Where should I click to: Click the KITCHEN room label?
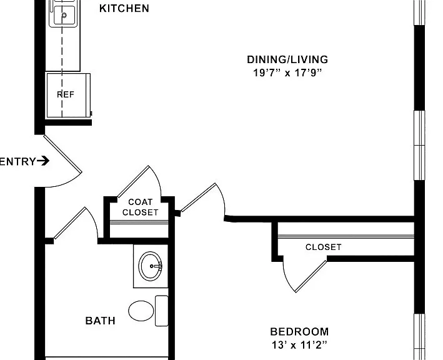click(124, 9)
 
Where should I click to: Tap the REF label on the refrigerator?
click(66, 94)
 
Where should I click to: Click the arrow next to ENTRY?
click(43, 161)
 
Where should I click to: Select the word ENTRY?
click(17, 162)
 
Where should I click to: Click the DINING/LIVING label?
click(287, 59)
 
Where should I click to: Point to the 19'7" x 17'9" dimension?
click(287, 73)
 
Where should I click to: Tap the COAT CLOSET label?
click(140, 207)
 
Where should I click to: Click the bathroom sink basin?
click(151, 266)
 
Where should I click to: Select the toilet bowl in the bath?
click(141, 311)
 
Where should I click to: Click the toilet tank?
click(162, 311)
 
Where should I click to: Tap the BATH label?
click(101, 321)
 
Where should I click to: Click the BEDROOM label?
click(299, 331)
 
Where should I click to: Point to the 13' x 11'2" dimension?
click(299, 345)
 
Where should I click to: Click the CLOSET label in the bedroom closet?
click(324, 247)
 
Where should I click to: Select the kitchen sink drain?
click(64, 15)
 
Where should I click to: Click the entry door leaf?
click(62, 154)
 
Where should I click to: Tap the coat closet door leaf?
click(133, 181)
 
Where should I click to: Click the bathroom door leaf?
click(70, 222)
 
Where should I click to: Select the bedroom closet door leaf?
click(311, 276)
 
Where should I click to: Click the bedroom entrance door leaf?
click(198, 197)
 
